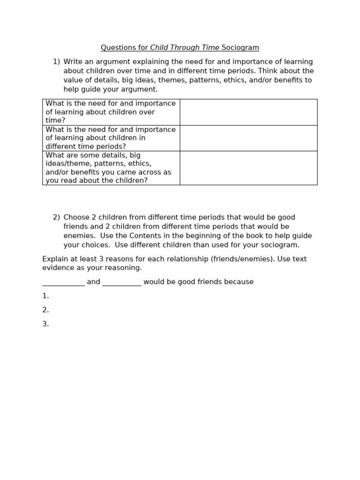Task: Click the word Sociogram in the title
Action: [240, 48]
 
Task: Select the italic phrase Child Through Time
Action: [185, 48]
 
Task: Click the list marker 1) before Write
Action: [56, 62]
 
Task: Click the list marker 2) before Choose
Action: [56, 217]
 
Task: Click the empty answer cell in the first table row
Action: [248, 112]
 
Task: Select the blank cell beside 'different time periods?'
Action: [248, 138]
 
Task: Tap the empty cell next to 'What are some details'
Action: [248, 168]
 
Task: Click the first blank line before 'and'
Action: [63, 282]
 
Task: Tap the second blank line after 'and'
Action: [121, 282]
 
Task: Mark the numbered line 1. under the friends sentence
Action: [45, 296]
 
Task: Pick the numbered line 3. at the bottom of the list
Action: [45, 324]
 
